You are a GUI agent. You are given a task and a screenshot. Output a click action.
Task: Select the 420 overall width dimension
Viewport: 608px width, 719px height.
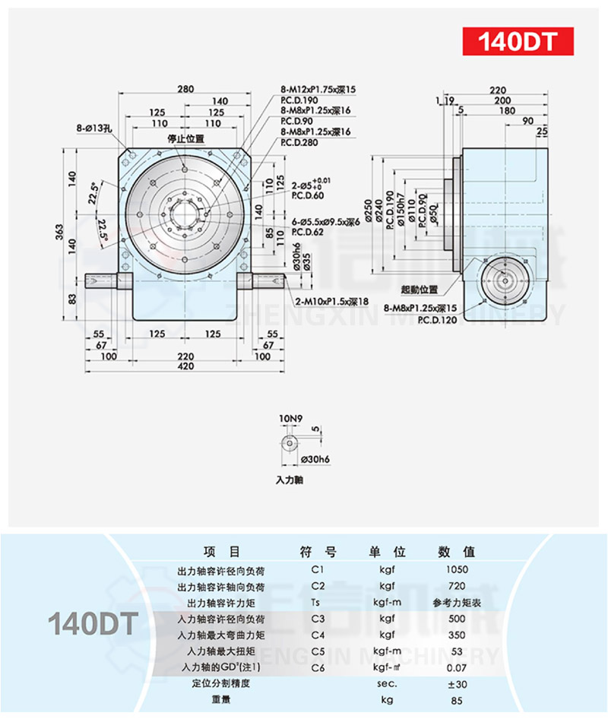pos(185,366)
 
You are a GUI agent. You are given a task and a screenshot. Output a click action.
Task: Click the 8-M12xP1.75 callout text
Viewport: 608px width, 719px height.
pos(317,89)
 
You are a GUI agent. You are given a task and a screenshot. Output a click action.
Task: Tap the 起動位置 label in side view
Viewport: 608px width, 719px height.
pos(420,290)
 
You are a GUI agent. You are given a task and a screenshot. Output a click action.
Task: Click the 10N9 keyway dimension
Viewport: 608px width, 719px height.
pos(290,418)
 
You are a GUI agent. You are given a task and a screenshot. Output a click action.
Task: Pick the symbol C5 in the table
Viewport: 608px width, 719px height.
pos(318,651)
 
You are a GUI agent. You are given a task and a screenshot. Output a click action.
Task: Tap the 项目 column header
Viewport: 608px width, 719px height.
pos(221,552)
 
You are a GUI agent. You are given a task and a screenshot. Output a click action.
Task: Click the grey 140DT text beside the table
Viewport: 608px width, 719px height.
pos(91,623)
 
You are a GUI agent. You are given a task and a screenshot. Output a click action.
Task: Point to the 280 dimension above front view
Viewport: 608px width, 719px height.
pos(185,89)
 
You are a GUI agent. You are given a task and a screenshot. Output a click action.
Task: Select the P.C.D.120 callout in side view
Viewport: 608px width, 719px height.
pos(435,319)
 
